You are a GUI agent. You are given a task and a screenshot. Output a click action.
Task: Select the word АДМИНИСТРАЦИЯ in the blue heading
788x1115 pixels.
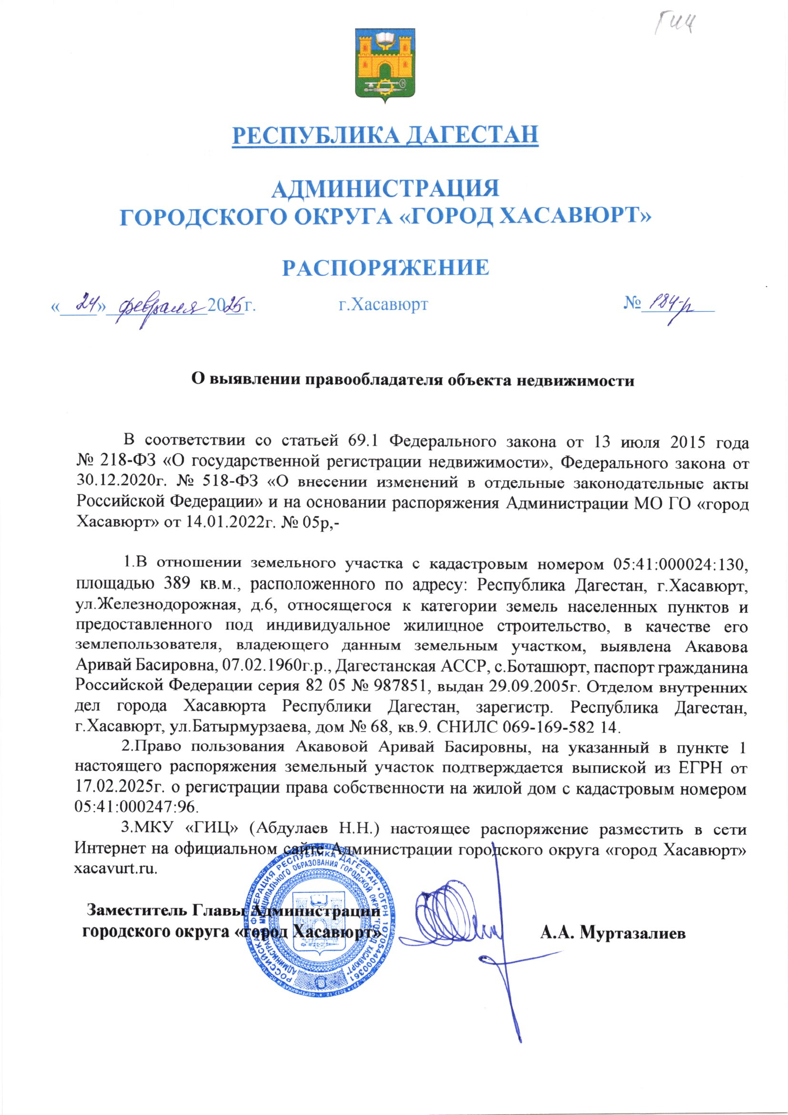(x=386, y=189)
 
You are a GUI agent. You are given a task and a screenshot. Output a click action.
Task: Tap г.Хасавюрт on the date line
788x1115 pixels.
(x=383, y=305)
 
